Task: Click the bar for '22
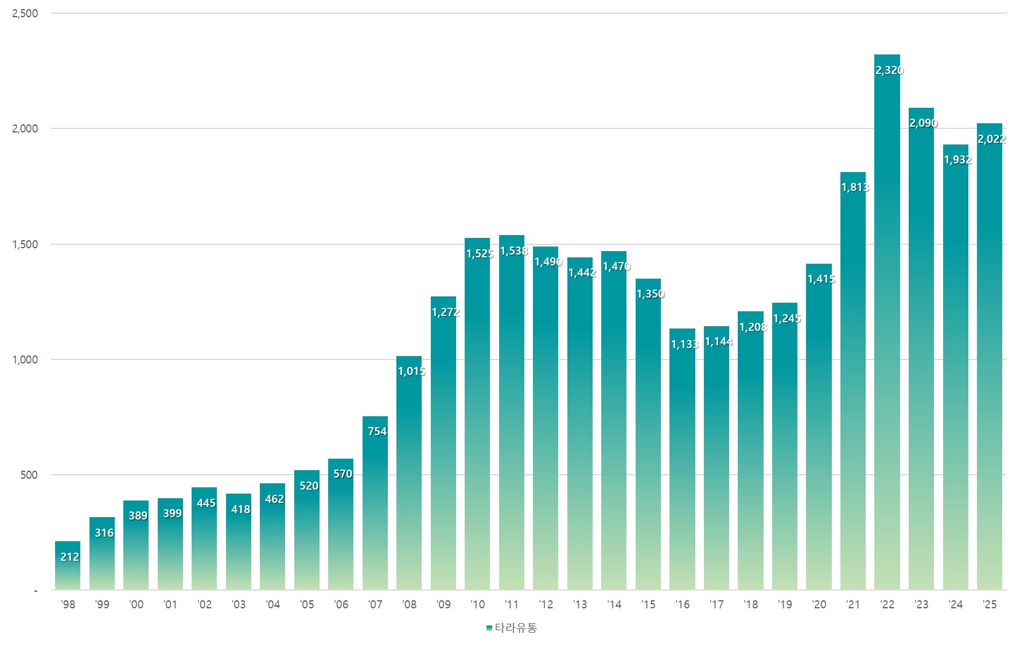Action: point(887,322)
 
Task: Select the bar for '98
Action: point(68,565)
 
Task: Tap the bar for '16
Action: point(682,459)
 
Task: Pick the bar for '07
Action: point(375,503)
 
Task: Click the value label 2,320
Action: point(889,70)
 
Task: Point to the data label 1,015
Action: point(411,371)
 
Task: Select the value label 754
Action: point(377,431)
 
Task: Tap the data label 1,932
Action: point(957,159)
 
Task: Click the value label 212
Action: point(69,557)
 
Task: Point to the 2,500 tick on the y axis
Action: point(25,13)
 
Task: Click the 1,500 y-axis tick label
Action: point(25,244)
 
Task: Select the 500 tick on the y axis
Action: point(29,475)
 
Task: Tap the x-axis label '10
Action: point(477,604)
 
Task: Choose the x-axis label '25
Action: point(990,604)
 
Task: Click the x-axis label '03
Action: point(239,604)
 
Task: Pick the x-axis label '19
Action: point(785,604)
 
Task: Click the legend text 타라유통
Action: point(516,628)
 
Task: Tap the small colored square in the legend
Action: point(489,628)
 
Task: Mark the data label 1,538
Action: point(513,251)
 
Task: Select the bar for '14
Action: point(614,420)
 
